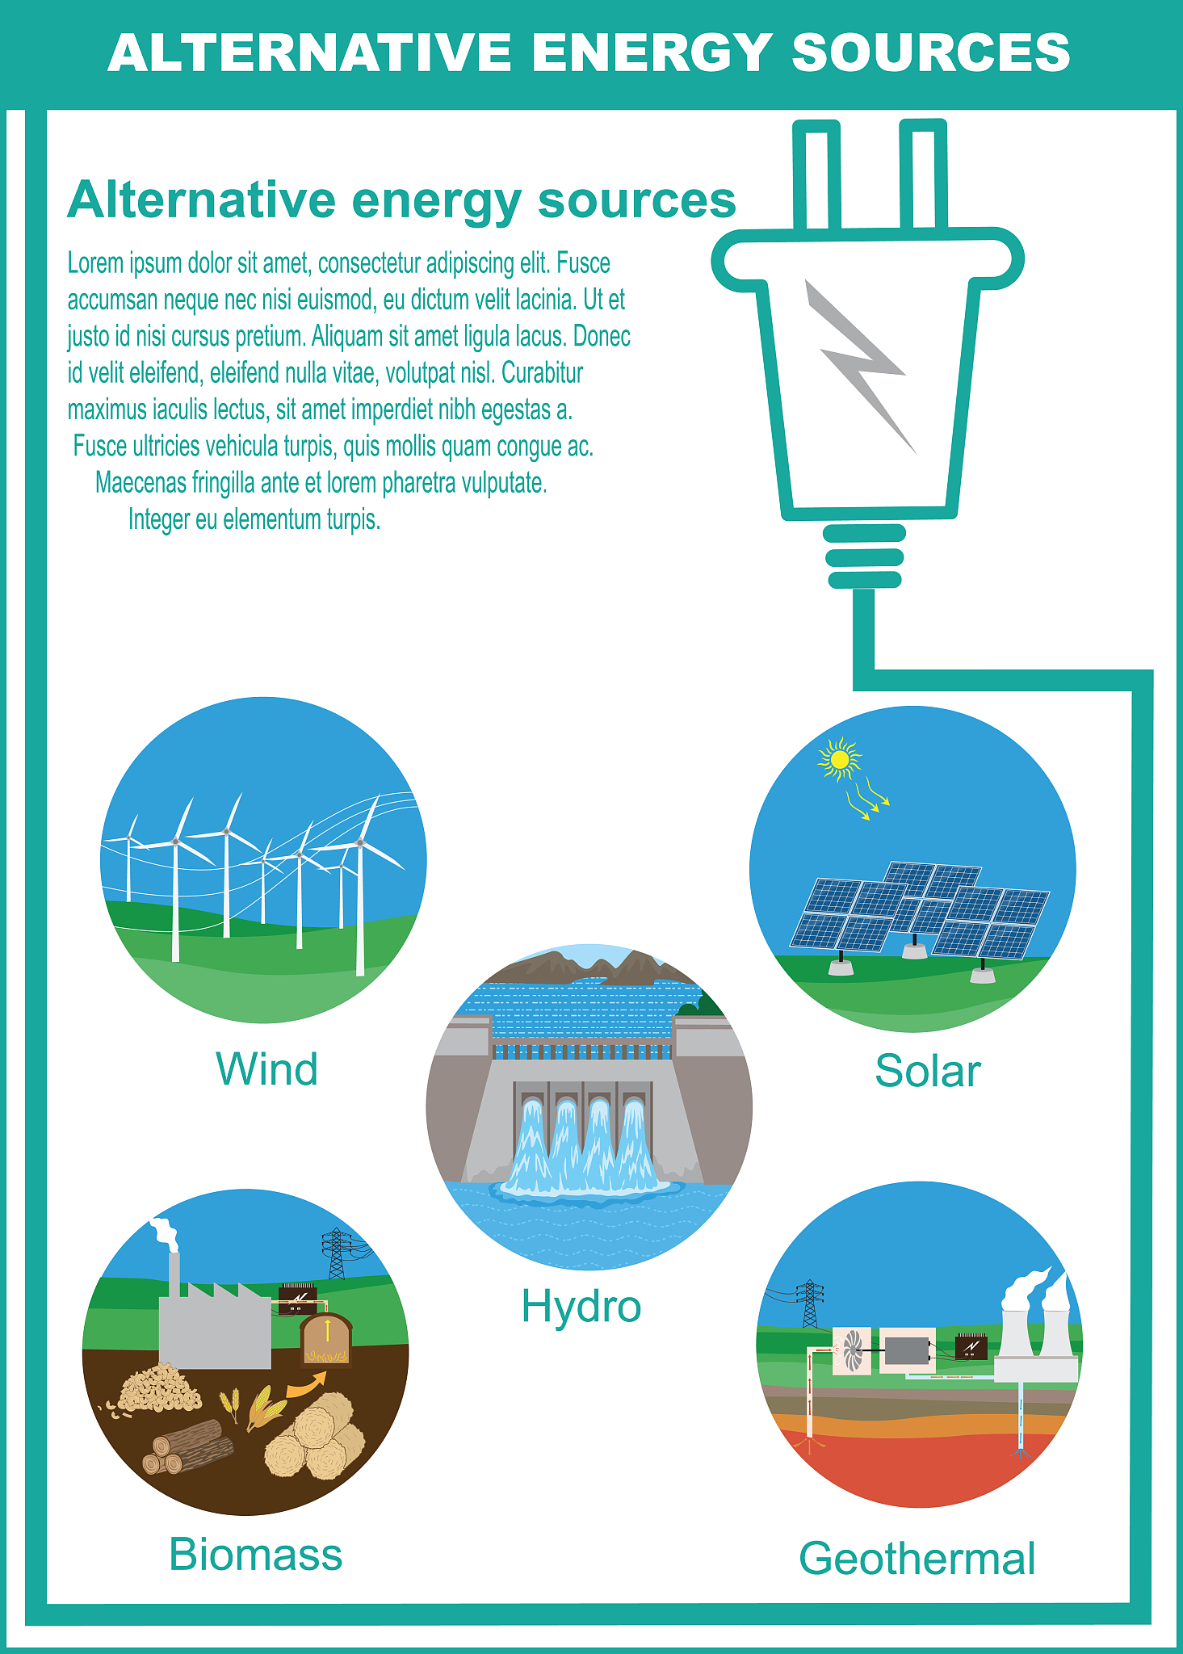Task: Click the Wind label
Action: click(x=266, y=1069)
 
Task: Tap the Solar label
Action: click(x=927, y=1071)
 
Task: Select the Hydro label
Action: click(x=581, y=1306)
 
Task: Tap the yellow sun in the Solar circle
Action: click(x=840, y=759)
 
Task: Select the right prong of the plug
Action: click(x=923, y=174)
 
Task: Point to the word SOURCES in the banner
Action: click(x=930, y=53)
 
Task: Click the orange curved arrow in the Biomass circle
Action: click(x=306, y=1384)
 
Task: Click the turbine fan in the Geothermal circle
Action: click(x=853, y=1350)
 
